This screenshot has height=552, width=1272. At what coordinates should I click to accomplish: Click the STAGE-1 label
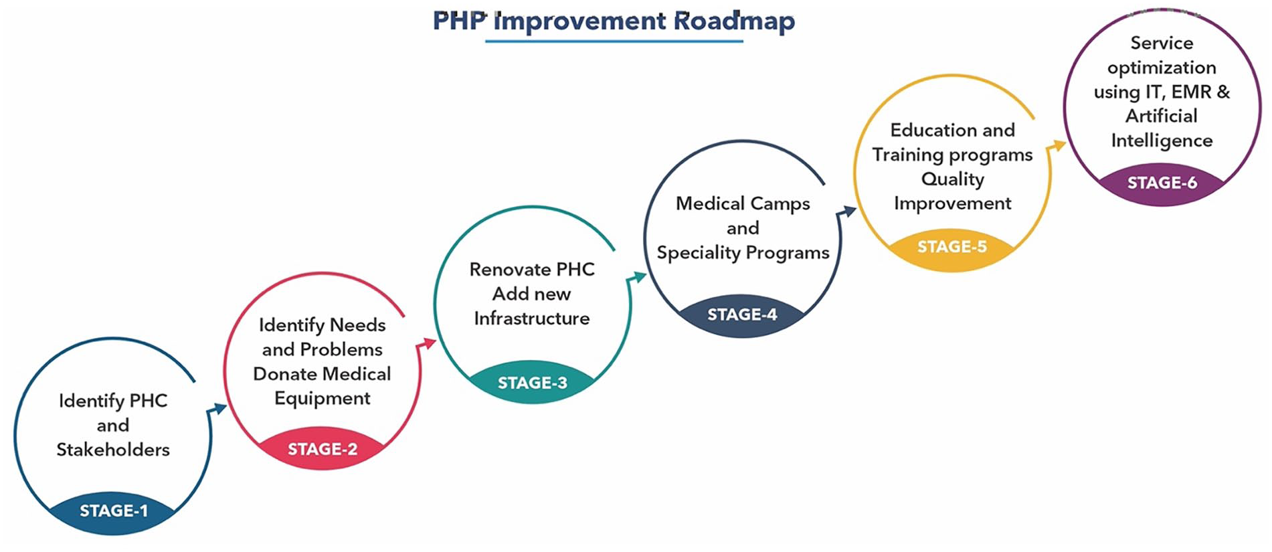coord(114,511)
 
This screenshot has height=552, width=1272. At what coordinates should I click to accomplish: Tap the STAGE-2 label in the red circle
coord(323,449)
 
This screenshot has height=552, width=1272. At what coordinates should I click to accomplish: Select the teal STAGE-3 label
coord(533,383)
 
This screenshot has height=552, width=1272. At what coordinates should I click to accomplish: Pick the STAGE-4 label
coord(742,314)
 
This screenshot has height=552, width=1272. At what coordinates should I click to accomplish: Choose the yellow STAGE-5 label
coord(952,247)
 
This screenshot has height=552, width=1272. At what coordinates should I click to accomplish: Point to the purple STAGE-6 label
coord(1162,183)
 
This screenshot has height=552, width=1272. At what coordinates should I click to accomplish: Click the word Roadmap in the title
coord(734,21)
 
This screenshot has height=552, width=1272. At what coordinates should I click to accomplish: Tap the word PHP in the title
coord(460,21)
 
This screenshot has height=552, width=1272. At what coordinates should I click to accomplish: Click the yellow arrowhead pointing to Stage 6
coord(1057,147)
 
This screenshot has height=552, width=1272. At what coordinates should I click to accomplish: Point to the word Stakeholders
coord(113,450)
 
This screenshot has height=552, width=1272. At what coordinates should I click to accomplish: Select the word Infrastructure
coord(532,318)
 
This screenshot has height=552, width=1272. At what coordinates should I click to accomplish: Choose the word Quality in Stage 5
coord(953,180)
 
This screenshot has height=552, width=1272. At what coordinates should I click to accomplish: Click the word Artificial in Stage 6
coord(1162,116)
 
